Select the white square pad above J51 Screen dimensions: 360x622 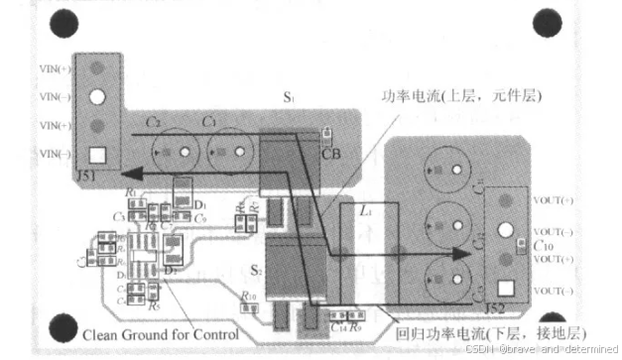click(97, 156)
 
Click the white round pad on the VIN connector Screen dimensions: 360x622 click(97, 98)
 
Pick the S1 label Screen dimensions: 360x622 click(289, 100)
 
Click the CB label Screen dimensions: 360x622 click(331, 154)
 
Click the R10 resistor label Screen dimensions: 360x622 click(248, 297)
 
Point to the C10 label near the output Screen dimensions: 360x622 click(543, 243)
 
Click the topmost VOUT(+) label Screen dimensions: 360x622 click(554, 201)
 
